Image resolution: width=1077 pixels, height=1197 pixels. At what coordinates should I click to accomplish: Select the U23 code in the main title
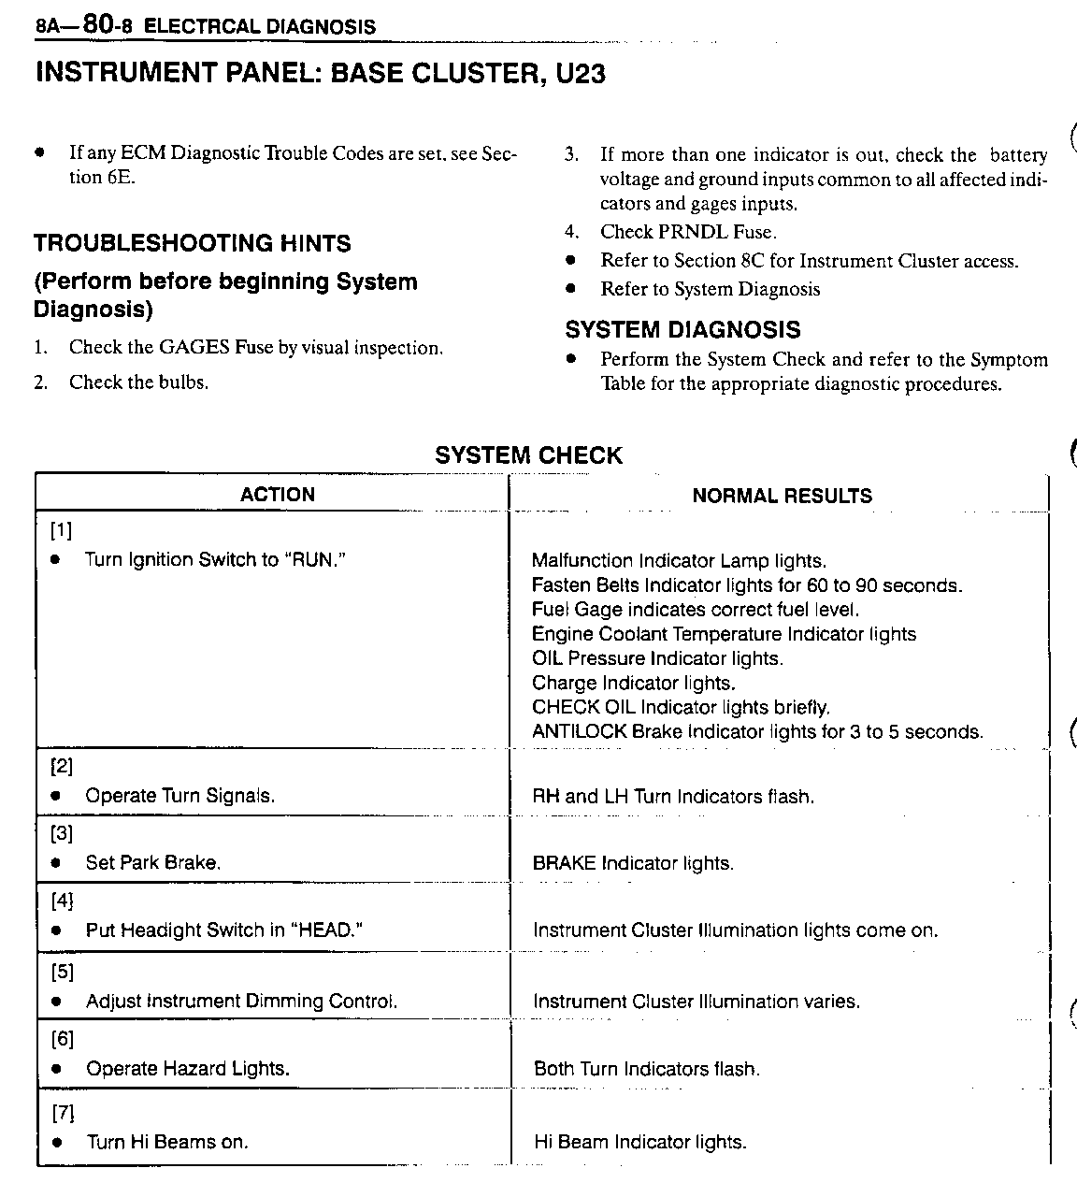click(580, 74)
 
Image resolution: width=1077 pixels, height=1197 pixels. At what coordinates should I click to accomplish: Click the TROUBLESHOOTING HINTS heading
click(193, 244)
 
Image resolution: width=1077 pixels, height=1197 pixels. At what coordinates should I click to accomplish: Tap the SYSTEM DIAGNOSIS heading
click(682, 330)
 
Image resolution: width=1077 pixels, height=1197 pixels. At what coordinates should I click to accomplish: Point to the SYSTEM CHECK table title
click(528, 456)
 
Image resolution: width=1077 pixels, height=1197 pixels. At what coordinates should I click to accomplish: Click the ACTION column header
click(278, 495)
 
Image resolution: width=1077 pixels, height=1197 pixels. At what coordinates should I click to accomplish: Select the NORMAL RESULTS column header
click(782, 496)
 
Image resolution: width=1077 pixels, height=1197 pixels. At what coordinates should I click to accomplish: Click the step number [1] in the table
click(61, 531)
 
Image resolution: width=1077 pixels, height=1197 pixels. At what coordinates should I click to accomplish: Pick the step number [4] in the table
click(62, 901)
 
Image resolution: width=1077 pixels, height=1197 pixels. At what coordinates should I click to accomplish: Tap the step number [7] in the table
click(62, 1113)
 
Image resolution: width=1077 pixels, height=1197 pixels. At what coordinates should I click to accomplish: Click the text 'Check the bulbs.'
click(138, 382)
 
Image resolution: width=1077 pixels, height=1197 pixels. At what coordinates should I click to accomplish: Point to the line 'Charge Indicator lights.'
click(634, 684)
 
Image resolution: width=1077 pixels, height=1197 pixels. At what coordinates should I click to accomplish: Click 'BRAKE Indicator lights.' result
click(633, 863)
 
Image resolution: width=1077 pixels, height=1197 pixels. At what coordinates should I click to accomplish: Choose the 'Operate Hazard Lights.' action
click(187, 1069)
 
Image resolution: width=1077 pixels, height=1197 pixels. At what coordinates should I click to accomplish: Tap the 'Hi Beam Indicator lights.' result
click(639, 1142)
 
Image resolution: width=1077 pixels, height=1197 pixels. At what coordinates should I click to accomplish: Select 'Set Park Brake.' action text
click(153, 863)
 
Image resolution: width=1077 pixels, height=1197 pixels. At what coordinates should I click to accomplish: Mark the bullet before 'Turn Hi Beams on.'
click(58, 1143)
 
